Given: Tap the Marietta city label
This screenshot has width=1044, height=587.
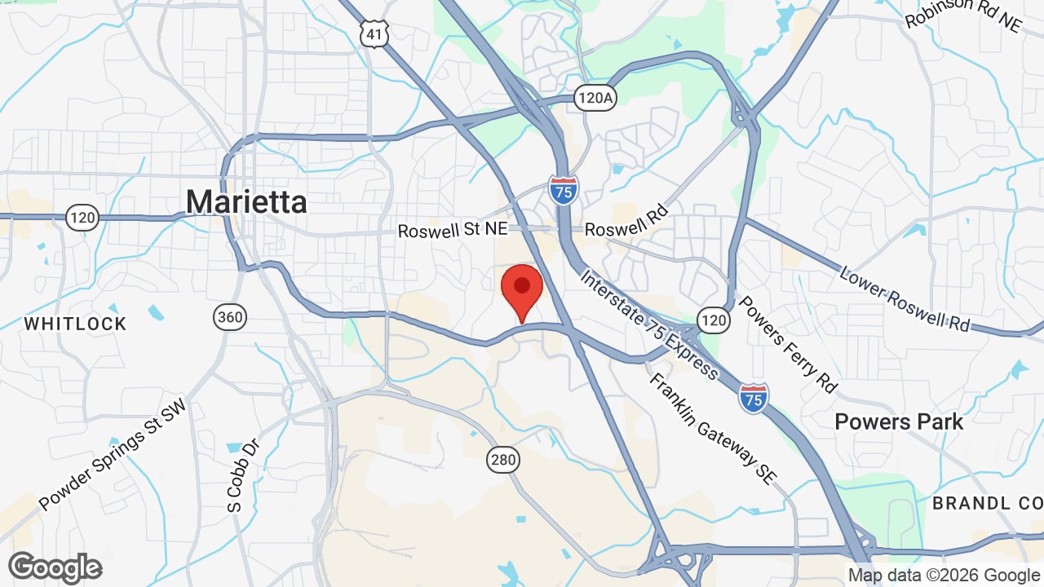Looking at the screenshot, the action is (246, 201).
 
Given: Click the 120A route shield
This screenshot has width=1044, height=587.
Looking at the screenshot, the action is (594, 98).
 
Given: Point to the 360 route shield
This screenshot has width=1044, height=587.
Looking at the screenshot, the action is (231, 316).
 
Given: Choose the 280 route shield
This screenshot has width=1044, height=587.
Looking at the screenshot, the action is (504, 460).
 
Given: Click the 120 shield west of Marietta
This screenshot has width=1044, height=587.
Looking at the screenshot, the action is (82, 218).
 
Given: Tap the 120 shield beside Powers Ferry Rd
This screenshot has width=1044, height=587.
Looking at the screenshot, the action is (714, 320).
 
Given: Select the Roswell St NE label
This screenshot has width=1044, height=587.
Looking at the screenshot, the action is (452, 231).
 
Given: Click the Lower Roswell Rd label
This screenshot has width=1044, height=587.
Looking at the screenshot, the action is (905, 298).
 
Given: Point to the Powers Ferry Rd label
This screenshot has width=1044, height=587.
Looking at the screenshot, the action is (787, 343).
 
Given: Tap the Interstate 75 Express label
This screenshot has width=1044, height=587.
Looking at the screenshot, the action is (649, 324).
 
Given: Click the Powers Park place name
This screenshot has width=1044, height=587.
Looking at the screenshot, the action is (899, 421).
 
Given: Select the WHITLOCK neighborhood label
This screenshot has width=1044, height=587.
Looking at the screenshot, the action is (75, 324).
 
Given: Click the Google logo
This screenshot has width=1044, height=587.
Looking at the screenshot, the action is (55, 567).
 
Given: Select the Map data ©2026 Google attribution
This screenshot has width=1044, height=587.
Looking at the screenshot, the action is (944, 576).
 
